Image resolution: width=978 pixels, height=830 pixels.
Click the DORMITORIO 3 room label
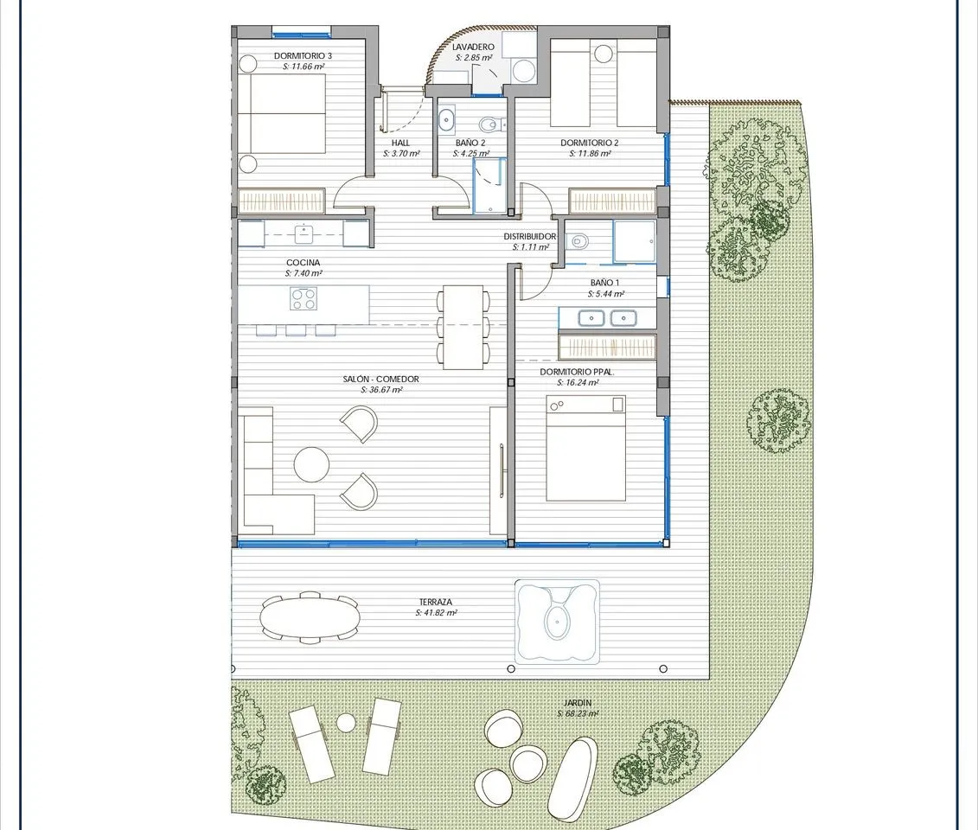[x=303, y=56]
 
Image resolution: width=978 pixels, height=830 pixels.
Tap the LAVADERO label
[x=473, y=47]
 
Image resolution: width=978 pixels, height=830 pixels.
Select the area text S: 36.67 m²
[x=381, y=390]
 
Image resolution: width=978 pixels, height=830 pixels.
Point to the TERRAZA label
[x=435, y=602]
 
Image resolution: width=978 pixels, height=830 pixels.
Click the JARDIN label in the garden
[x=578, y=703]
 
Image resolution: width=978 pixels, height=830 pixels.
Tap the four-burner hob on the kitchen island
[x=304, y=298]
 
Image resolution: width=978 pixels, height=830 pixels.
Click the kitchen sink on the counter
[x=304, y=233]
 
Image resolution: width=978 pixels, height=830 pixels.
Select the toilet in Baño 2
[x=492, y=124]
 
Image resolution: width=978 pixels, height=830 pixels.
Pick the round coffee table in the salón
[x=311, y=464]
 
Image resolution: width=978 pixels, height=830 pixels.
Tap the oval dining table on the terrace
[x=310, y=617]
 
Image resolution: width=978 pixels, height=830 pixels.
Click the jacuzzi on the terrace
[x=557, y=621]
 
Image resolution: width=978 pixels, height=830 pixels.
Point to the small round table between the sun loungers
[x=346, y=723]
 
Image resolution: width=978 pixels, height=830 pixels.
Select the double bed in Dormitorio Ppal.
[x=585, y=448]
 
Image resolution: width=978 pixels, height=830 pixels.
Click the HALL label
[x=400, y=143]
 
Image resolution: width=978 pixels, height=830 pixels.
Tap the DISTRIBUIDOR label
[x=529, y=237]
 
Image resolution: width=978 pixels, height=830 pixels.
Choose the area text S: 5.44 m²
[x=605, y=294]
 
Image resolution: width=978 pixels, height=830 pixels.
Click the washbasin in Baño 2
[x=446, y=119]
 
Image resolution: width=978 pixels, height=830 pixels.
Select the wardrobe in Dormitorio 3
[x=281, y=201]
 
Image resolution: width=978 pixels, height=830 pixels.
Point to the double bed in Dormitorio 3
[x=281, y=113]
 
